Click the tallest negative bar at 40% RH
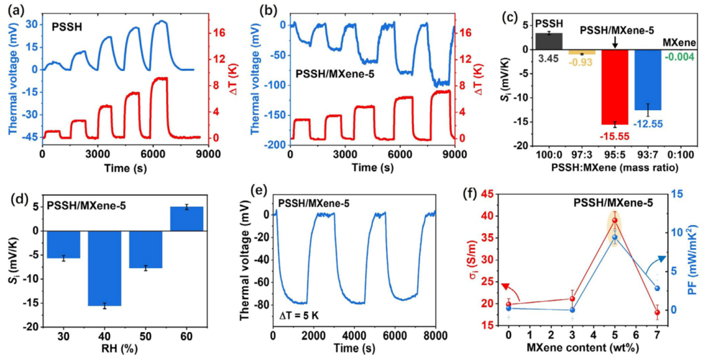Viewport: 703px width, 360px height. click(104, 267)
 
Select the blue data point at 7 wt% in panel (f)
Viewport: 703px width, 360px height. click(657, 288)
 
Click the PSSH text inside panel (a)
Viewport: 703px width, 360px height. click(66, 29)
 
